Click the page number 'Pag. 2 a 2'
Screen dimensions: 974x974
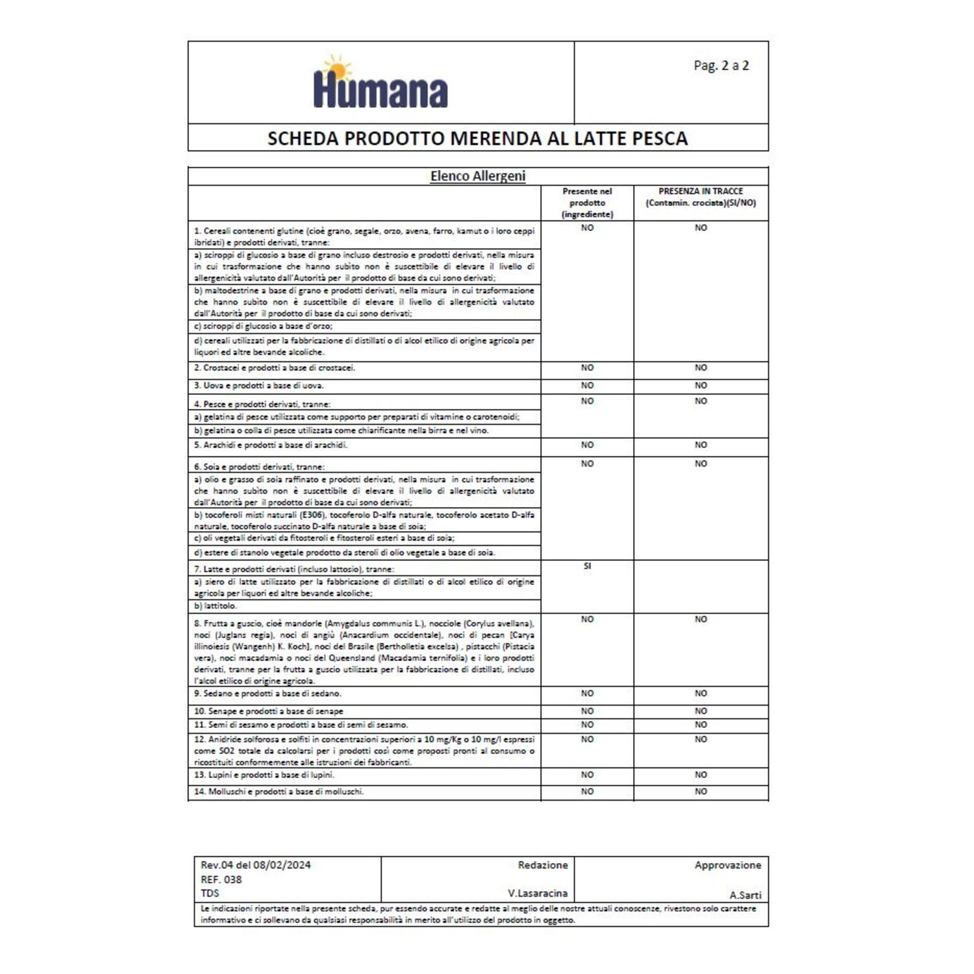721,66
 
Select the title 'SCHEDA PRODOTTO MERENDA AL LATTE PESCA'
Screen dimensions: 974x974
477,138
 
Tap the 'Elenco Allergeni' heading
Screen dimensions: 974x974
477,176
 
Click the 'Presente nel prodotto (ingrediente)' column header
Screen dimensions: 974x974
587,203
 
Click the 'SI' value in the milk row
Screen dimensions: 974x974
587,566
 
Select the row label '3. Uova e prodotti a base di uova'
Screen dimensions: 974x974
258,386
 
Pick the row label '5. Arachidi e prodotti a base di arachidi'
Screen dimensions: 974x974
270,445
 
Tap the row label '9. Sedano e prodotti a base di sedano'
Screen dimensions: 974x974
268,693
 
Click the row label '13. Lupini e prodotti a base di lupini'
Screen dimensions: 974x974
264,775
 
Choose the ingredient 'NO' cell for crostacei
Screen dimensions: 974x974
587,368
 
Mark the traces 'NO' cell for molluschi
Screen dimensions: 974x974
701,792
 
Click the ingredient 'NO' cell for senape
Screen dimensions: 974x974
587,711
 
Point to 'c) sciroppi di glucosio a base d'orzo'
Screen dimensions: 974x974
263,326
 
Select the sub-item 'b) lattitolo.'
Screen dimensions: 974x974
216,606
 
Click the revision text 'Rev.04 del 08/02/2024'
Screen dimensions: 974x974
255,865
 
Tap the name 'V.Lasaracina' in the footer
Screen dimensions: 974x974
537,893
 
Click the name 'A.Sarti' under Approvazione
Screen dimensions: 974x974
745,895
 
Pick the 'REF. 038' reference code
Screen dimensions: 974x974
221,880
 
